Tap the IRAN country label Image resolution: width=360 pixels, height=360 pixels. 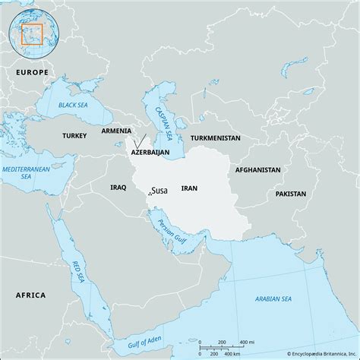coord(190,186)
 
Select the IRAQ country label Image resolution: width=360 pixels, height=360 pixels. coord(118,186)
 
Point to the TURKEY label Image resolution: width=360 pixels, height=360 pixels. coord(75,134)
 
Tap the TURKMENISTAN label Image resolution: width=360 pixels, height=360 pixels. coord(215,138)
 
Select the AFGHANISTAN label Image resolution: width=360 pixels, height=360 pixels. coord(257,170)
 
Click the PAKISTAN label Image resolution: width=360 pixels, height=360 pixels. coord(291,194)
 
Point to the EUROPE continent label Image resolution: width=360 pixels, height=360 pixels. coord(31,71)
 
